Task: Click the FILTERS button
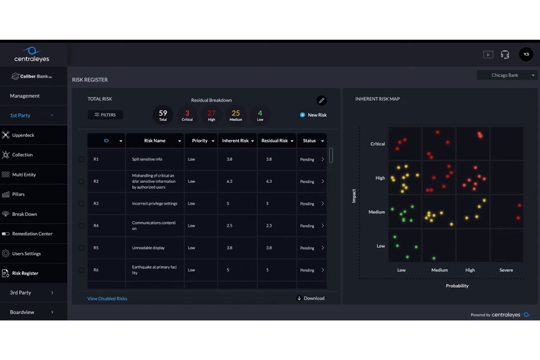point(105,115)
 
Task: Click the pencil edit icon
point(321,100)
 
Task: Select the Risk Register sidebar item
point(25,273)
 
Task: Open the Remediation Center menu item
point(32,234)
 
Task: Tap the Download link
point(311,298)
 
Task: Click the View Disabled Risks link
point(107,299)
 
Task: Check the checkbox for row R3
point(81,204)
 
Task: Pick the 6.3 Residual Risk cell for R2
point(269,181)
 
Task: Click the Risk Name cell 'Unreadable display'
point(148,248)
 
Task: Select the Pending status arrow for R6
point(323,270)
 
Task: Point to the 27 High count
point(212,115)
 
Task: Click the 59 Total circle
point(163,115)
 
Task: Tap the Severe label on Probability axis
point(506,270)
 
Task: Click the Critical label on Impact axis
point(377,144)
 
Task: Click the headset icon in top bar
point(505,55)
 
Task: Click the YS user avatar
point(526,54)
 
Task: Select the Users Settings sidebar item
point(26,253)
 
